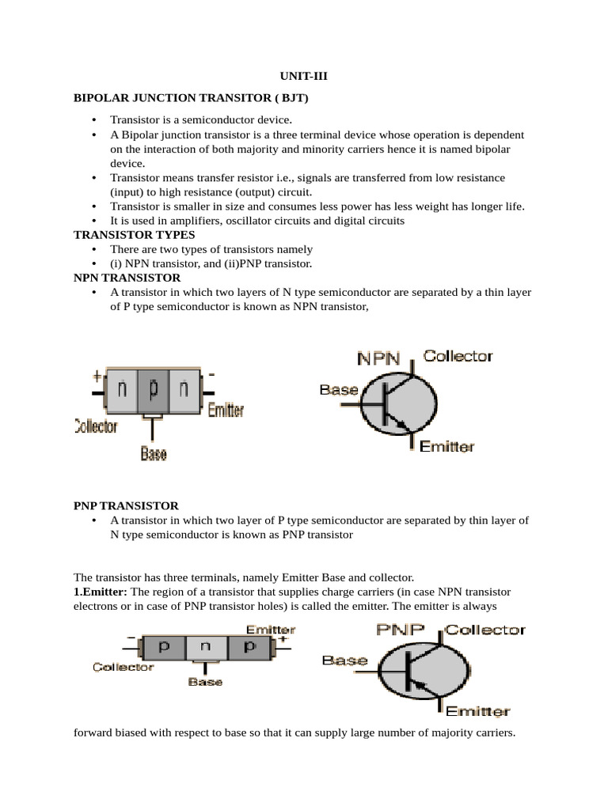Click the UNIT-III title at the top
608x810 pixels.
pyautogui.click(x=303, y=77)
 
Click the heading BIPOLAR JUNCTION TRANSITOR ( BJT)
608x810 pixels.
pyautogui.click(x=191, y=98)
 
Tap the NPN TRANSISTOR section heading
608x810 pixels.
pyautogui.click(x=127, y=278)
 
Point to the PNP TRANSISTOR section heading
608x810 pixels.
pyautogui.click(x=126, y=505)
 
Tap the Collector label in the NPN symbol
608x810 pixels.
pyautogui.click(x=458, y=357)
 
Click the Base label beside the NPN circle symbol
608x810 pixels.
pyautogui.click(x=339, y=390)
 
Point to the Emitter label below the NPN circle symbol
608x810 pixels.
pyautogui.click(x=446, y=447)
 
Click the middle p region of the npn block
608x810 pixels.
pyautogui.click(x=153, y=389)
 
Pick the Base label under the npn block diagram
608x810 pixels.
pyautogui.click(x=154, y=453)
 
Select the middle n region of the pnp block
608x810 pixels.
pyautogui.click(x=205, y=646)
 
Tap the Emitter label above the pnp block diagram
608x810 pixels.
pyautogui.click(x=270, y=630)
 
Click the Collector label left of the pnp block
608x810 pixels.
pyautogui.click(x=123, y=667)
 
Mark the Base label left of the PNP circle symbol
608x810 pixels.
pyautogui.click(x=345, y=660)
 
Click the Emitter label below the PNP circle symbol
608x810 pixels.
pyautogui.click(x=478, y=711)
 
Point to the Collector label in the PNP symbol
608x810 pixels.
pyautogui.click(x=485, y=630)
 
